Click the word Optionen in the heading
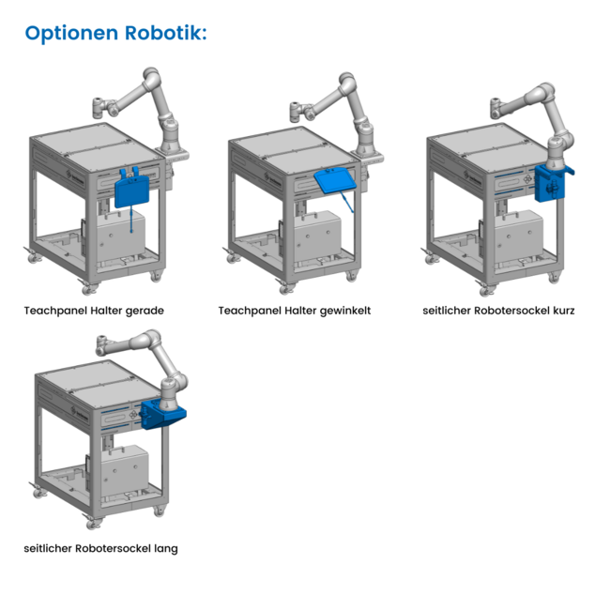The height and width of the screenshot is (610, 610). pyautogui.click(x=71, y=34)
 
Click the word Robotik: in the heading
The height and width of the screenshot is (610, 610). pyautogui.click(x=166, y=32)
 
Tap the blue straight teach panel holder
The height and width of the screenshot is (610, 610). pyautogui.click(x=132, y=190)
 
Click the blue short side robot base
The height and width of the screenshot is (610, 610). pyautogui.click(x=552, y=183)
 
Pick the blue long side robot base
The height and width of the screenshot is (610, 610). pyautogui.click(x=161, y=414)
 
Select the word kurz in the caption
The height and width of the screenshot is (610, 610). pyautogui.click(x=564, y=311)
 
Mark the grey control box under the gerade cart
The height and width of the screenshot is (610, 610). pyautogui.click(x=121, y=236)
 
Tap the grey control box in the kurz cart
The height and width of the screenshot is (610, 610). pyautogui.click(x=519, y=236)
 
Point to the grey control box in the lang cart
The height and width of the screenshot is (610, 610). pyautogui.click(x=125, y=470)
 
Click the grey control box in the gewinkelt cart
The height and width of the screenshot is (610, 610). pyautogui.click(x=317, y=236)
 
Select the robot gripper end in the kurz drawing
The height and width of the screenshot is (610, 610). pyautogui.click(x=496, y=108)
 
